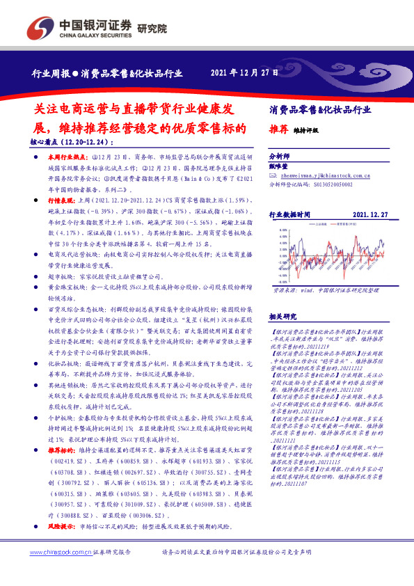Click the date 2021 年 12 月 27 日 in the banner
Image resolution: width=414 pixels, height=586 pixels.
[244, 72]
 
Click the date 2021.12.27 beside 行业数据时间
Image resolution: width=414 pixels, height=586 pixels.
[369, 216]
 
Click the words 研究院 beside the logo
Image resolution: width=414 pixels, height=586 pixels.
[152, 29]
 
